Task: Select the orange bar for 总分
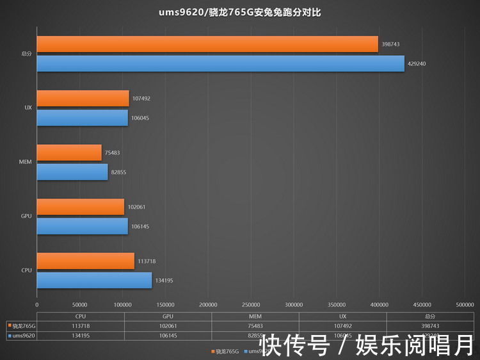tap(207, 44)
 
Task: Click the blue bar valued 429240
tap(220, 63)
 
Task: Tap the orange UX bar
tap(83, 99)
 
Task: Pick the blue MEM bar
tap(72, 172)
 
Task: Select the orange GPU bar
tap(81, 207)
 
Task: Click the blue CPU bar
tap(94, 280)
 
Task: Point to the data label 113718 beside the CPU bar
tap(147, 261)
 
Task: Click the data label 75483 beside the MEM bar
tap(113, 152)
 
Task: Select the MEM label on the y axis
tap(26, 162)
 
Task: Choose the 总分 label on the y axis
tap(26, 54)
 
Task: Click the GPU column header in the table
tap(168, 315)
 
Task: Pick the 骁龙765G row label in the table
tap(22, 325)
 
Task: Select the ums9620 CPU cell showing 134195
tap(80, 334)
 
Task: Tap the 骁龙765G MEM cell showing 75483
tap(255, 325)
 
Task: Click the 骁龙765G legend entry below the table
tap(225, 351)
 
